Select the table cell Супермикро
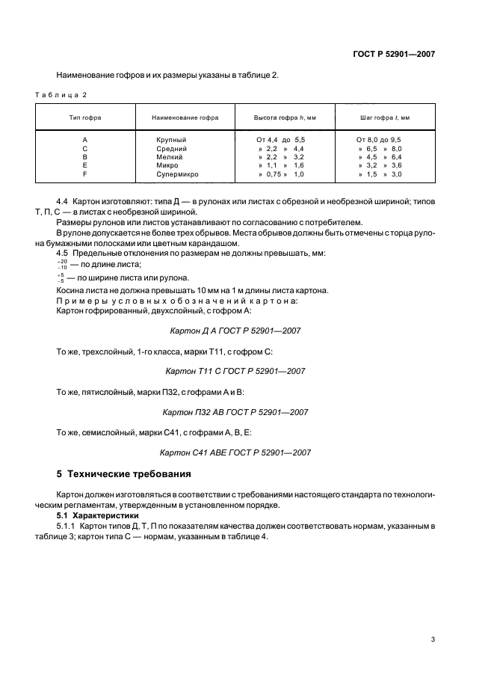point(178,174)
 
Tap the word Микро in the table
point(167,165)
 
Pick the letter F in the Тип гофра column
point(85,174)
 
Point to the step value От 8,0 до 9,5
point(379,140)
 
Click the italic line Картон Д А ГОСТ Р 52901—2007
point(236,330)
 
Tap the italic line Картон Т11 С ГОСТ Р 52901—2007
point(236,371)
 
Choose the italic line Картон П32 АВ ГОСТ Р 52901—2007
point(236,412)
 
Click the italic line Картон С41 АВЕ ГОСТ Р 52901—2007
point(236,452)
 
